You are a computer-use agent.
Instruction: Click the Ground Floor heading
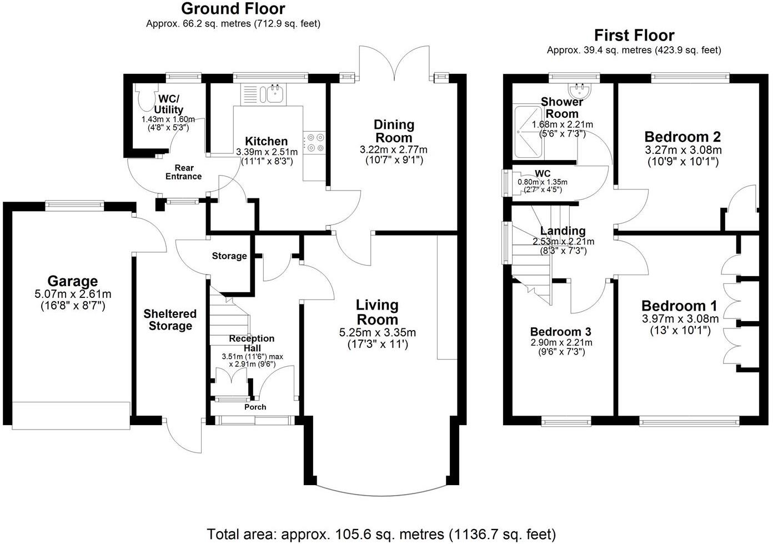point(233,9)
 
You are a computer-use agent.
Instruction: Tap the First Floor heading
point(634,36)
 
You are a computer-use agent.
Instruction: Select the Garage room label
point(72,281)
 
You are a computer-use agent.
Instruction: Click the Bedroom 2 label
point(682,137)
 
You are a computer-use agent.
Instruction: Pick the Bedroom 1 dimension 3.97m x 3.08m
point(680,319)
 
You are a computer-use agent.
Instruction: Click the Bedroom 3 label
point(560,332)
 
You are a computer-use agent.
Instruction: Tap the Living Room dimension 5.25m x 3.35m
point(377,333)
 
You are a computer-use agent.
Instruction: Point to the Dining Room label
point(394,131)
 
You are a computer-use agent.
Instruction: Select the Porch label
point(255,407)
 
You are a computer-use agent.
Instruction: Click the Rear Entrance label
point(184,172)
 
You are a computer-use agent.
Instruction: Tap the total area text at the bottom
point(381,535)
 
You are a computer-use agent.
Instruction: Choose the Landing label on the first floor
point(563,231)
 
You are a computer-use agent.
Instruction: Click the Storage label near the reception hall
point(229,256)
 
